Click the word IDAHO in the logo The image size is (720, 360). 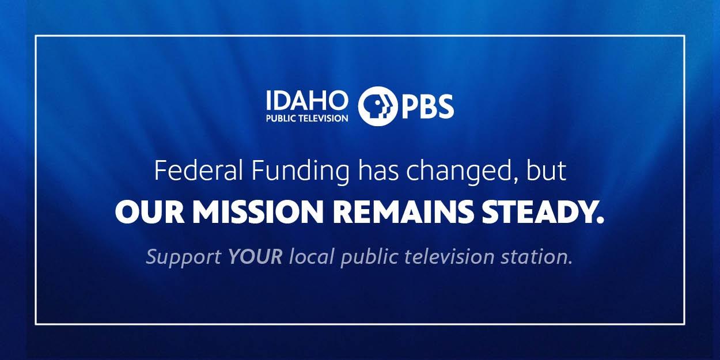click(307, 100)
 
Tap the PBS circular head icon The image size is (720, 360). click(378, 106)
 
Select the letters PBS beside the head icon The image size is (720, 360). click(428, 107)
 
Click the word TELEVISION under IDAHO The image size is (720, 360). click(323, 118)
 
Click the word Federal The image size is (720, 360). click(198, 170)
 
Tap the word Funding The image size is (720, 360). click(300, 173)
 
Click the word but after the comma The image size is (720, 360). click(546, 170)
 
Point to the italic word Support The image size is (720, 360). click(184, 257)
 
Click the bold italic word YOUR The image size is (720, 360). click(255, 256)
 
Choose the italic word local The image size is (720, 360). click(312, 256)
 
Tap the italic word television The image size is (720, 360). click(449, 256)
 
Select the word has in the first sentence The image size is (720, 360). click(378, 170)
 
